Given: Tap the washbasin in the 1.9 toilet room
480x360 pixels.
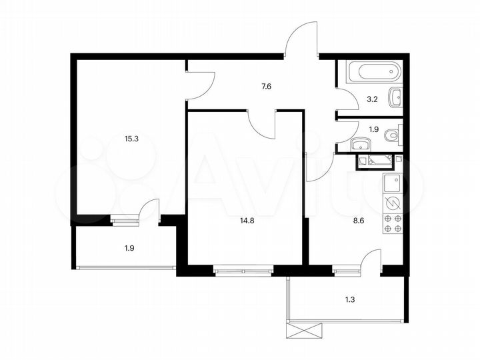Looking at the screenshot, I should pyautogui.click(x=361, y=143).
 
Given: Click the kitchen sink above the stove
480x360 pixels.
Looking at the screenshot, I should pyautogui.click(x=392, y=182).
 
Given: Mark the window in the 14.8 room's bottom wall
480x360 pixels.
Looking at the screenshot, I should pyautogui.click(x=243, y=270).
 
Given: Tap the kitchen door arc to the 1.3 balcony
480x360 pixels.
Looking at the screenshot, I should pyautogui.click(x=369, y=259).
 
